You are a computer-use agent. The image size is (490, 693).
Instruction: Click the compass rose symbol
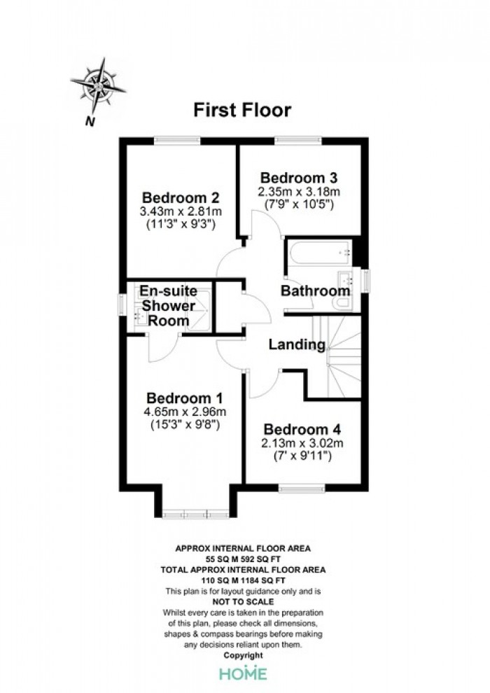tap(97, 85)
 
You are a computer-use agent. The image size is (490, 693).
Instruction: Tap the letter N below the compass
tap(90, 121)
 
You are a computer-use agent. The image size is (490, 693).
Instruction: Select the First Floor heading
tap(243, 110)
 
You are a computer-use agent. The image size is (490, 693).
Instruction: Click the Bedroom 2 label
tap(181, 197)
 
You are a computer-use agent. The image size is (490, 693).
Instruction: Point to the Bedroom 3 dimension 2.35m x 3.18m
tap(299, 192)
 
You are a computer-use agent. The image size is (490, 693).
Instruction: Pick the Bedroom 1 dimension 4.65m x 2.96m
tap(185, 412)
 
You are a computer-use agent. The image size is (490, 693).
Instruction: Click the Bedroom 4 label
tap(302, 429)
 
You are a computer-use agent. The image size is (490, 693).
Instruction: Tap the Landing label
tap(297, 344)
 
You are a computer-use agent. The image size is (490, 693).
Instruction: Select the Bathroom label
tap(316, 290)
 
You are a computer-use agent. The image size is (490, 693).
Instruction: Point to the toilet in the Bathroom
tap(344, 303)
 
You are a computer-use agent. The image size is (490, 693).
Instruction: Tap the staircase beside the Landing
tap(337, 357)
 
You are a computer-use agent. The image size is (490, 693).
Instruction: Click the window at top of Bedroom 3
tap(298, 141)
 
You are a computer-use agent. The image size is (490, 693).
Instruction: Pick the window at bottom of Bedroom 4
tap(302, 488)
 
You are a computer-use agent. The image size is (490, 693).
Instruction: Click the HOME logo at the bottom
tap(244, 673)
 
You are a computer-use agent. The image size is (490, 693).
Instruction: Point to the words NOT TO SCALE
tap(243, 601)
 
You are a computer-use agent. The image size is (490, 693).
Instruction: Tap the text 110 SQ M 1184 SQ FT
tap(244, 580)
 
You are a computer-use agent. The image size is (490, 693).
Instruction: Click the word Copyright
tap(244, 655)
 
